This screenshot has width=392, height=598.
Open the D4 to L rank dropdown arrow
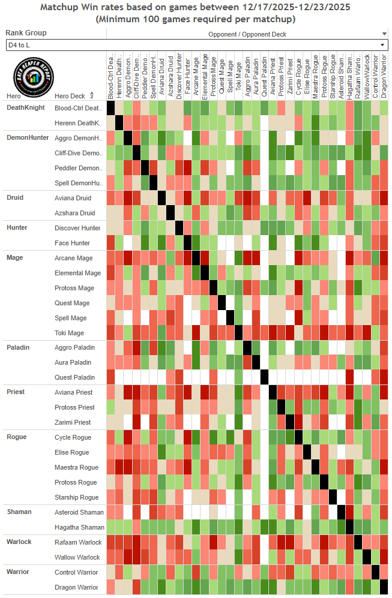click(x=382, y=45)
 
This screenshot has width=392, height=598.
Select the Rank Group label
click(x=26, y=33)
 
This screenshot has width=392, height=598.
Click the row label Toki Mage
click(x=69, y=333)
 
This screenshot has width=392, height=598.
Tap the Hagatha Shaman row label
click(x=79, y=527)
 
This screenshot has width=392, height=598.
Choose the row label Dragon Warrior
click(x=76, y=587)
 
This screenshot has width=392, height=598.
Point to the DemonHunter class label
click(x=28, y=138)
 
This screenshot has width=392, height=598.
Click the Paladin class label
click(x=18, y=347)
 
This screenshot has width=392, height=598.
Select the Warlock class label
click(x=20, y=542)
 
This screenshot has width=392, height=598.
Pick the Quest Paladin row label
click(x=74, y=377)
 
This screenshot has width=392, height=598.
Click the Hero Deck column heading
click(x=70, y=96)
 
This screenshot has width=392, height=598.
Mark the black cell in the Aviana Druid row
click(x=161, y=198)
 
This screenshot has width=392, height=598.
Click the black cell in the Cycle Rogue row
click(x=298, y=437)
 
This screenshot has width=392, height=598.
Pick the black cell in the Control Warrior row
click(x=376, y=572)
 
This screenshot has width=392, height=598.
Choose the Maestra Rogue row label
click(x=76, y=467)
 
